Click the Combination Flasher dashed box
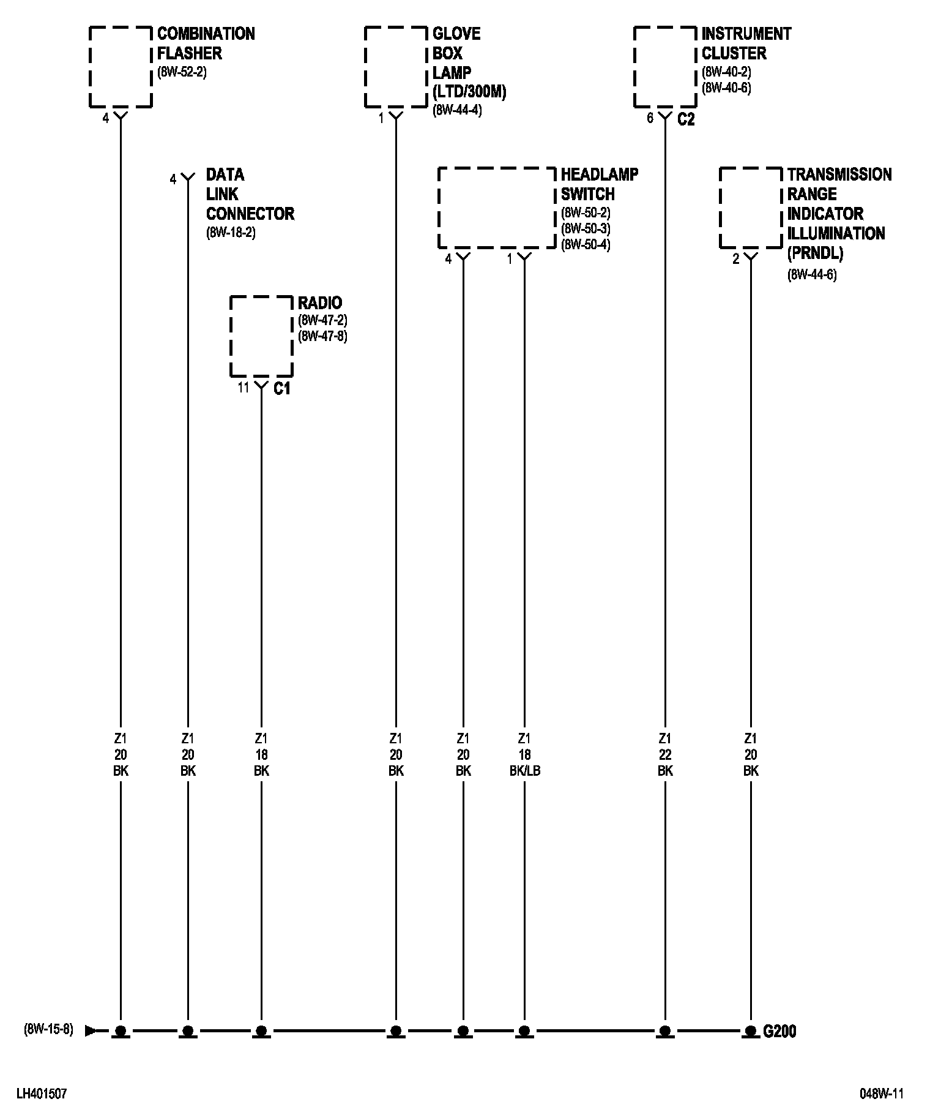click(x=121, y=67)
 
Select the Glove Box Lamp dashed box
click(x=396, y=67)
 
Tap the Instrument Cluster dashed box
click(x=665, y=67)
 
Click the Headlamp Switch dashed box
click(x=496, y=208)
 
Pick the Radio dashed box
click(x=261, y=336)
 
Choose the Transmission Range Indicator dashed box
click(x=751, y=208)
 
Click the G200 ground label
click(x=779, y=1032)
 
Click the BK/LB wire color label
click(x=524, y=771)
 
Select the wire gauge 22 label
click(x=665, y=754)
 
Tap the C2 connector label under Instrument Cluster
click(x=686, y=119)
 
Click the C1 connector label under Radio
click(x=281, y=388)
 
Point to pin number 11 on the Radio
click(x=244, y=387)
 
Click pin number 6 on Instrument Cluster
click(x=650, y=118)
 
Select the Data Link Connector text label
click(x=250, y=194)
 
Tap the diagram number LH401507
click(x=41, y=1094)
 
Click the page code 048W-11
click(x=882, y=1094)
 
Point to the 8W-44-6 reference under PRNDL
click(x=811, y=274)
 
